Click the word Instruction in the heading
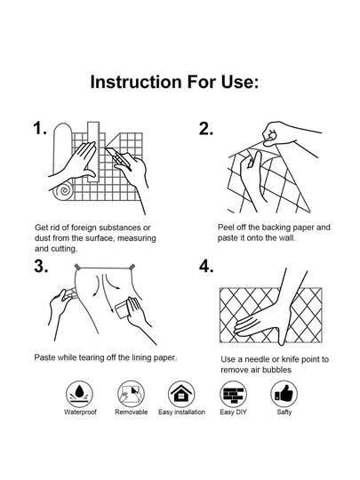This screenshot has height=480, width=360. coord(136,82)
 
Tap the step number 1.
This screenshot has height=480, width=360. coord(40,128)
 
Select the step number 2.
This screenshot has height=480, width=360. coord(205,129)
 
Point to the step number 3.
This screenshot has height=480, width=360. coord(41,266)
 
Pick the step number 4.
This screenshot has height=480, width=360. coord(206,266)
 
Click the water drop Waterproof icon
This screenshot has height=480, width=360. coord(79,394)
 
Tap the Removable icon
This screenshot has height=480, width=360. coord(131,394)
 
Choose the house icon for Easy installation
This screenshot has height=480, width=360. coord(181,394)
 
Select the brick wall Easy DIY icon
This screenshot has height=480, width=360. coord(233,394)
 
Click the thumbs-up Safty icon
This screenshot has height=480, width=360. coord(284,394)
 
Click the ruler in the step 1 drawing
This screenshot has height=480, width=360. coord(93,152)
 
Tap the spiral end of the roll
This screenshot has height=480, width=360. coord(64,191)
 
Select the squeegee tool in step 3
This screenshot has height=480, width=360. coord(124,310)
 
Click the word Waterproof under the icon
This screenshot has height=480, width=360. coord(80,412)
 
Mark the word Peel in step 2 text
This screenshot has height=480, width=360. coord(225,228)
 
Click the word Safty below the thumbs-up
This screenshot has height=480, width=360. coord(284,412)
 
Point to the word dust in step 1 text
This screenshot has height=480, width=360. coord(43,238)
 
